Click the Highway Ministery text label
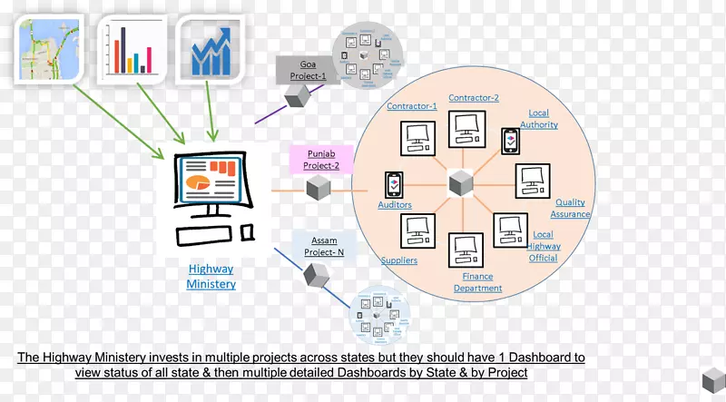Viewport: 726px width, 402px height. click(211, 276)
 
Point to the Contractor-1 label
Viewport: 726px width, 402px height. click(412, 106)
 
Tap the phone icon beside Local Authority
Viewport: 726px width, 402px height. click(511, 142)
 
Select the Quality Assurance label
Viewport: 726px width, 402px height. click(571, 208)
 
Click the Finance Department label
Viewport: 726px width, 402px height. click(477, 281)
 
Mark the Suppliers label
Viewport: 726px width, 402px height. click(398, 260)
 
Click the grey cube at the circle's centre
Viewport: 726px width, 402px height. click(462, 183)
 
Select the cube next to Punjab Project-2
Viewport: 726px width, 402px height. click(318, 190)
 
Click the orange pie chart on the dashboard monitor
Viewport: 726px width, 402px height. click(197, 183)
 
